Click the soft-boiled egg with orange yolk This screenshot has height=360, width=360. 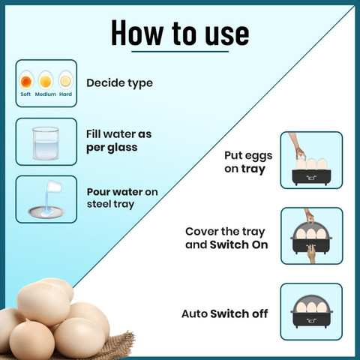tap(26, 80)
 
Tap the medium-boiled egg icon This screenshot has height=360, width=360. tap(46, 80)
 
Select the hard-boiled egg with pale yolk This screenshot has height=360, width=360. tap(66, 80)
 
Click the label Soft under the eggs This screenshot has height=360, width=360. tap(25, 94)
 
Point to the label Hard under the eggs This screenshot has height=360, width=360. tap(65, 94)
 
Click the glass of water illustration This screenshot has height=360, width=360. tap(46, 143)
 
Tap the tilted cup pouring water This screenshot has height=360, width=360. tap(55, 187)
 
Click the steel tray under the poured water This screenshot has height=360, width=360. tap(46, 212)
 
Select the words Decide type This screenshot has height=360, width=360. tap(119, 83)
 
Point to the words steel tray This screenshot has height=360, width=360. tap(110, 204)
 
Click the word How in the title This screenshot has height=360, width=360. tap(137, 33)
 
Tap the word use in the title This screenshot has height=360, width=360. tap(227, 35)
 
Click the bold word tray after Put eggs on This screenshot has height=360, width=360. tap(253, 169)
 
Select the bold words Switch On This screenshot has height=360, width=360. tap(238, 244)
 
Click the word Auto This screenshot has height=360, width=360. tap(194, 313)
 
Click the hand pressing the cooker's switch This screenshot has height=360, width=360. tap(311, 253)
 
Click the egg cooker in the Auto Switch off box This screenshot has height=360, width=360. tap(311, 311)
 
